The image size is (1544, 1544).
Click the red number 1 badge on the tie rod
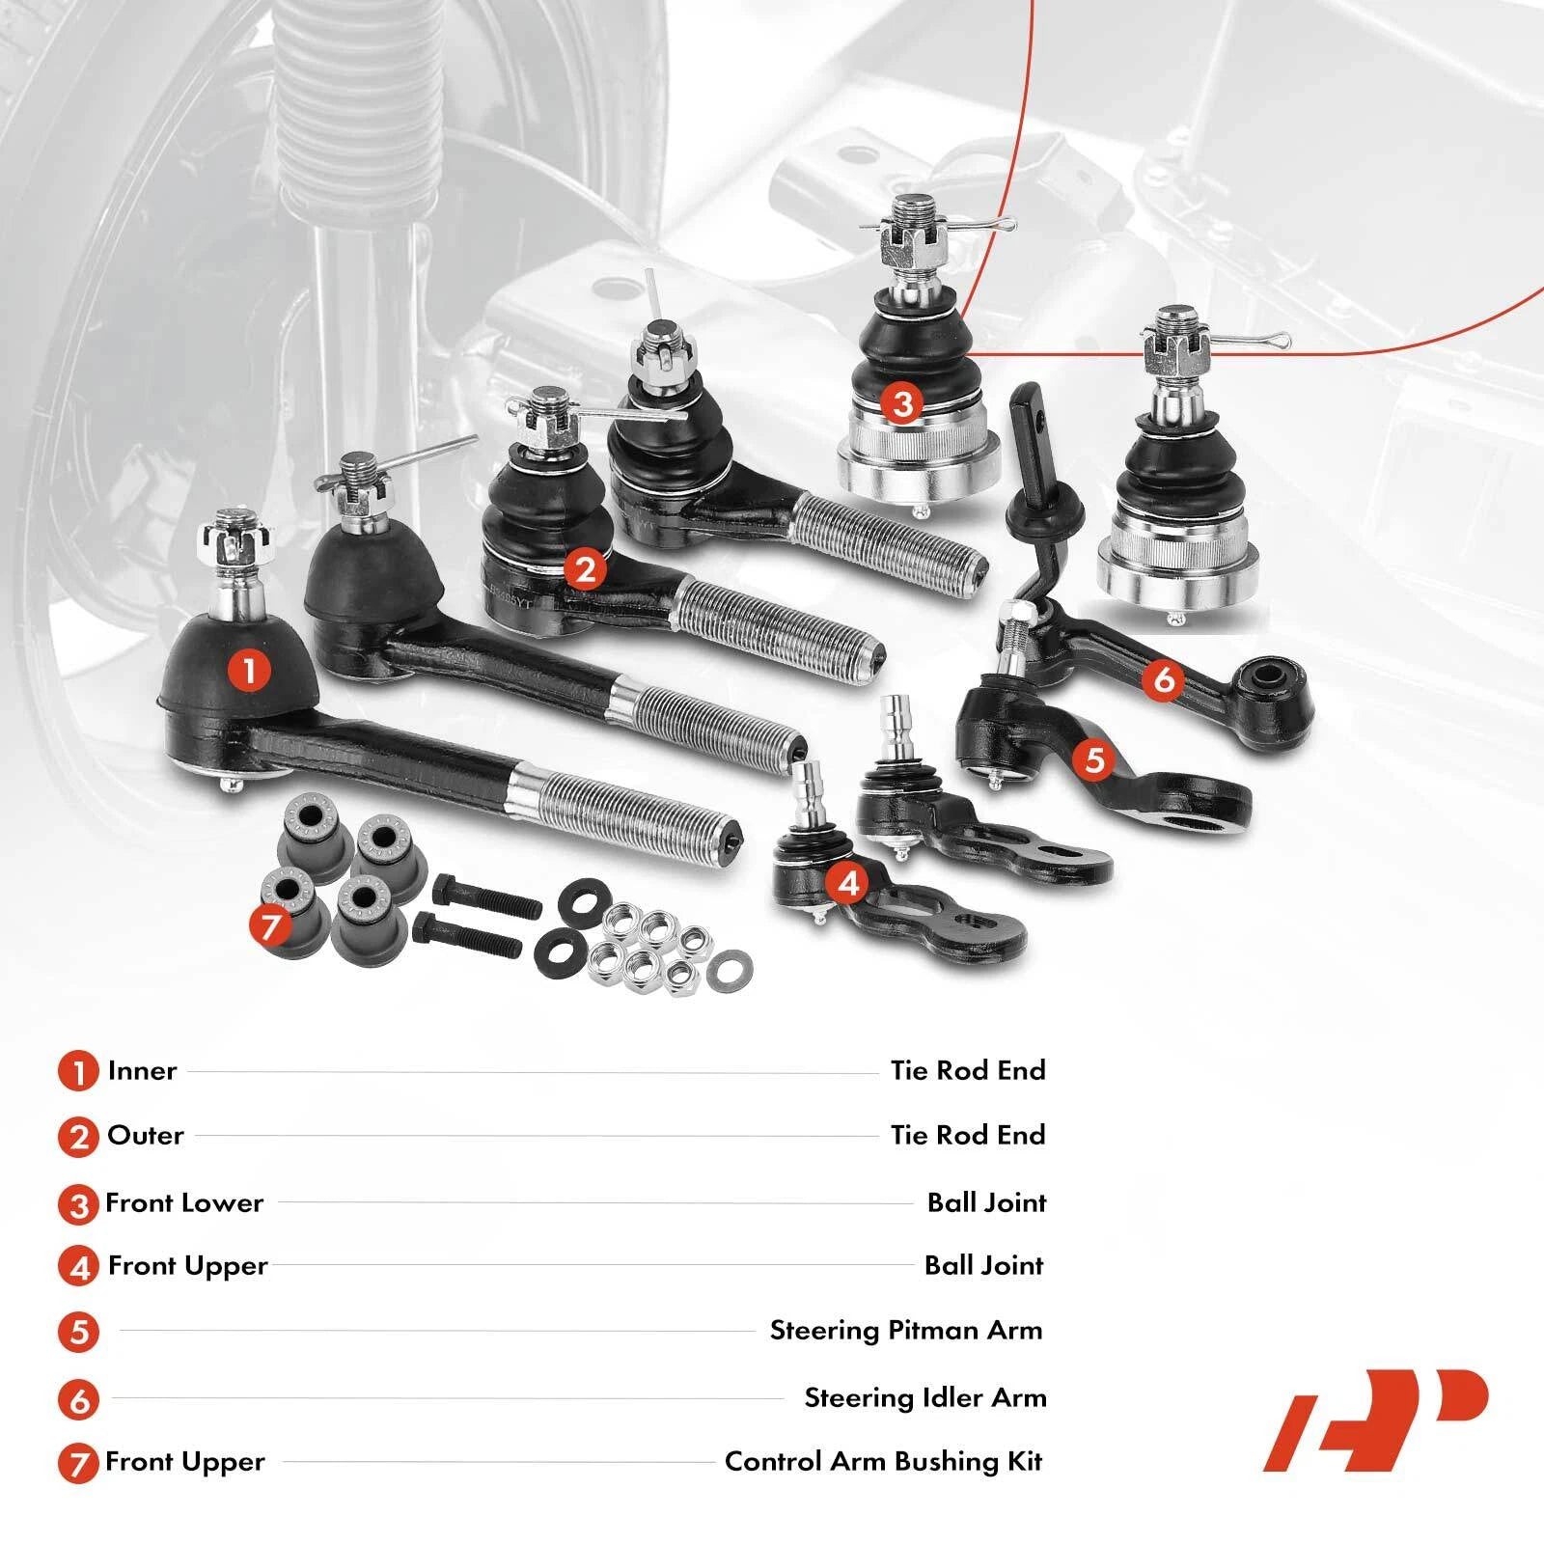click(250, 670)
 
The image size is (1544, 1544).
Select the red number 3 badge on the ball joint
click(903, 403)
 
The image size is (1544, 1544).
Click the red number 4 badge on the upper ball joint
click(848, 883)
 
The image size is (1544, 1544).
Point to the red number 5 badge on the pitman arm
click(1093, 759)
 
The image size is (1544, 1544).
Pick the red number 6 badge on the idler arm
click(1163, 680)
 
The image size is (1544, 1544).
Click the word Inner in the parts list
click(142, 1071)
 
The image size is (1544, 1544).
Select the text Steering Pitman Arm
click(906, 1332)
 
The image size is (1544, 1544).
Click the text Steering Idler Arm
click(925, 1397)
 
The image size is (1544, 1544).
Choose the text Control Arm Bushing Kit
click(884, 1462)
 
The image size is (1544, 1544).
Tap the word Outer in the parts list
click(146, 1135)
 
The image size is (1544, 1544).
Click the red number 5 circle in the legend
click(78, 1333)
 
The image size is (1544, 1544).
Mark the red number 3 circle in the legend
click(78, 1204)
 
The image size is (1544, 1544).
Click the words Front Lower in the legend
click(184, 1203)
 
